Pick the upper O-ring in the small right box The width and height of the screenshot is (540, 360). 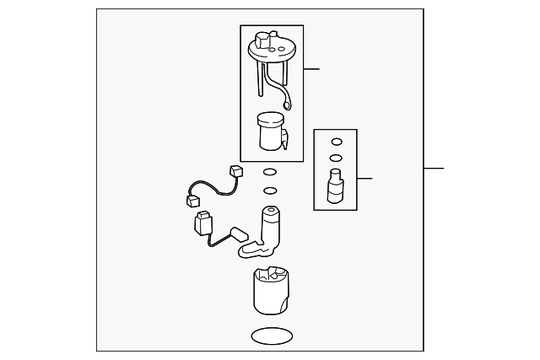[x=336, y=142]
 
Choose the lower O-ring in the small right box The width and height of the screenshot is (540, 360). [x=336, y=158]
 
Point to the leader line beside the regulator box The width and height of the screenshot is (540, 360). [x=364, y=178]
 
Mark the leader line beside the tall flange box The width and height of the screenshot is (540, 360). [x=311, y=69]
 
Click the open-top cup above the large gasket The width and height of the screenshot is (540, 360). [x=272, y=289]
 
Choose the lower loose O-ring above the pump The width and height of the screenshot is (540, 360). [x=270, y=191]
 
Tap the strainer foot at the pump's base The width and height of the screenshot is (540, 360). [x=252, y=248]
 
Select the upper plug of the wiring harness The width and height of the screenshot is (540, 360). [x=236, y=172]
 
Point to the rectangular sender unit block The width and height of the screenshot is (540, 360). [x=202, y=225]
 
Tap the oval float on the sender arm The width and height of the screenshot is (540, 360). [x=239, y=234]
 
